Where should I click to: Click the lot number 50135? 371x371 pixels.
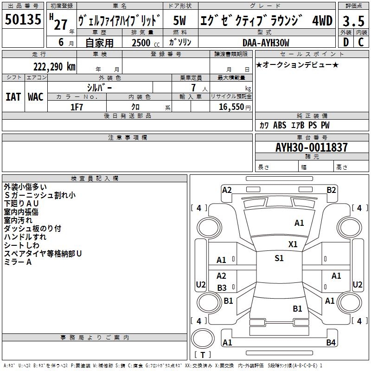coord(23,20)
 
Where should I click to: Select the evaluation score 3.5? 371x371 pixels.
coord(352,21)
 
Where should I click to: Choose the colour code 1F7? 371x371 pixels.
coord(77,107)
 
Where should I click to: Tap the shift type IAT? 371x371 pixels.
coord(13,96)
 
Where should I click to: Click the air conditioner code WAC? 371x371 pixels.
coord(36,96)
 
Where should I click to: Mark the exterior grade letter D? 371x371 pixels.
coord(345,42)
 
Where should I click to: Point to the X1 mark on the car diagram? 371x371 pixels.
coord(293,244)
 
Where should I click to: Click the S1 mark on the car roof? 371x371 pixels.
coord(279,258)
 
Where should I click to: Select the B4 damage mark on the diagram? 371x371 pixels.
coord(331,343)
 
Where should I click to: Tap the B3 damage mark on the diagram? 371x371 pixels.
coord(222,288)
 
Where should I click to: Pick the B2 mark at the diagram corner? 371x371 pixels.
coord(331,190)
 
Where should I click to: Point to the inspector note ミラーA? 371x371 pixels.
coord(18,262)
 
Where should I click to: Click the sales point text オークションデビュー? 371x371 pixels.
coord(297,64)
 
